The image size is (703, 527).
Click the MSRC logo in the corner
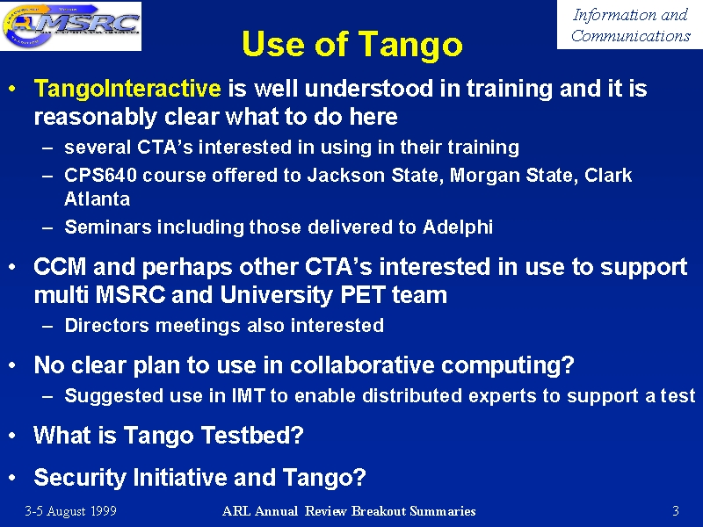click(71, 25)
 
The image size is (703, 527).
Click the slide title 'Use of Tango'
click(352, 45)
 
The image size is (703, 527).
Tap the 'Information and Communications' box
click(630, 25)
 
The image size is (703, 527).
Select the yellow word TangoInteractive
click(127, 88)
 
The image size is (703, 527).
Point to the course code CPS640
click(100, 175)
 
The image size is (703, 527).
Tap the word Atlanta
click(98, 199)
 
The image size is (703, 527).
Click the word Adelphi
click(458, 227)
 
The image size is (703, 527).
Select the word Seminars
click(108, 227)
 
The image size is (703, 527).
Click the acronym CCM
click(60, 267)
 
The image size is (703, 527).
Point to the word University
click(276, 296)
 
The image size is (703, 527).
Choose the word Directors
click(106, 325)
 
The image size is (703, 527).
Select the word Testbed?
click(252, 435)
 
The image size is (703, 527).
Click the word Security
click(80, 478)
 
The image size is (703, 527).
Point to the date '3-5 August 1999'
click(71, 511)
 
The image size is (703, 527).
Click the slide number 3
click(676, 511)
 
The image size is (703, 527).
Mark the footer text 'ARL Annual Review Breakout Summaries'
click(349, 511)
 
